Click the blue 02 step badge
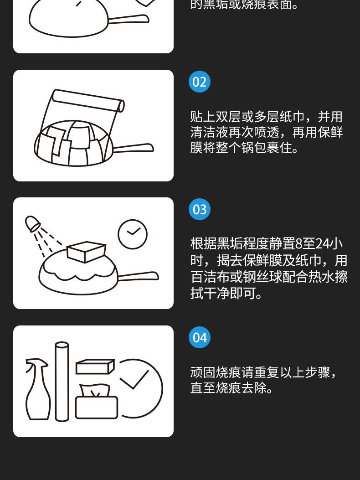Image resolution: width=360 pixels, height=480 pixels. (x=200, y=82)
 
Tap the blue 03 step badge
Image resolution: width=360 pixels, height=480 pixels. (x=200, y=209)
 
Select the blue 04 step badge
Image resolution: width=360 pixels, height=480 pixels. (x=200, y=337)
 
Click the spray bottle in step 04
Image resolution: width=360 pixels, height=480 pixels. (x=37, y=389)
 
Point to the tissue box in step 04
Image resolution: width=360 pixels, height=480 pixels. (x=97, y=401)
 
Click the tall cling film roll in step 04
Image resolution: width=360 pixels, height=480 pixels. (x=62, y=382)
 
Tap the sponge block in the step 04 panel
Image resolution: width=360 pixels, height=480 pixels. (x=95, y=366)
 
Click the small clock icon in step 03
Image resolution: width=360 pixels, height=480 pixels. (x=133, y=234)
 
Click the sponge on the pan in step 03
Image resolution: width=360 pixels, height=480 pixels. (x=86, y=252)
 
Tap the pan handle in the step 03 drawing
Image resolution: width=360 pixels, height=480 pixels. (x=138, y=276)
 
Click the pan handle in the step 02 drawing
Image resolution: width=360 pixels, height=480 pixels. (x=133, y=148)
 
